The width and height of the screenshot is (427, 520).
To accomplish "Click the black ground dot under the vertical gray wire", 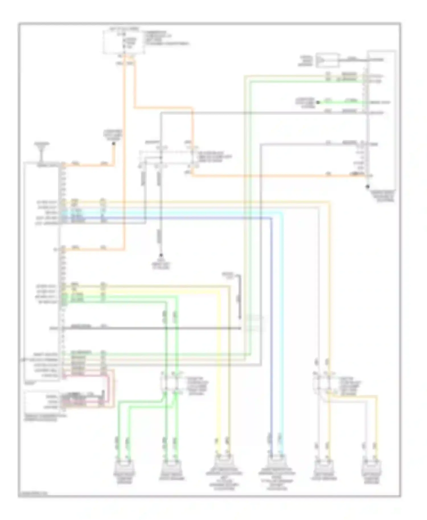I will coord(161,255).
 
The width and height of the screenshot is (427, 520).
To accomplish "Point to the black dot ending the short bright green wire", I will coord(318,102).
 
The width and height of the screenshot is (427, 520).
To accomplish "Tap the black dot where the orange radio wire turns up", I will coord(113,144).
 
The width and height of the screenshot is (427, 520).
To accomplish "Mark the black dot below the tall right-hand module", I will coord(368,187).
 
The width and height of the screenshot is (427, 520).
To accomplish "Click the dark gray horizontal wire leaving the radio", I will coord(151,329).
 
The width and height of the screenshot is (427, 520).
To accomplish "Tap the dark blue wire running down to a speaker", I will coord(271,341).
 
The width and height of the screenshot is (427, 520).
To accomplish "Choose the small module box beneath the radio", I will coord(43,401).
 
